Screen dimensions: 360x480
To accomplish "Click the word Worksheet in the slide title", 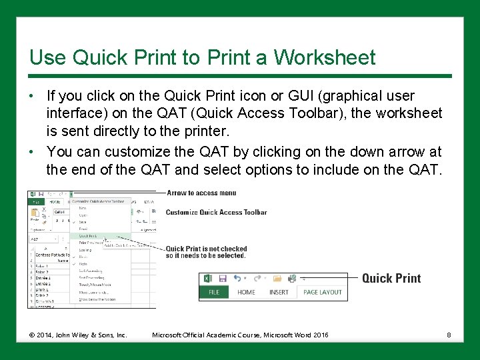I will click(x=324, y=57).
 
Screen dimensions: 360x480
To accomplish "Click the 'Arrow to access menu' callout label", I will click(x=201, y=193).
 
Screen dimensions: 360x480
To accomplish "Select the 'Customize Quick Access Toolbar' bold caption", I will click(x=216, y=213).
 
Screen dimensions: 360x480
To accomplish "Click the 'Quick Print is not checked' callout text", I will click(x=206, y=249).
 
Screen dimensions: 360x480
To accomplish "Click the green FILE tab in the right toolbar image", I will click(x=214, y=292).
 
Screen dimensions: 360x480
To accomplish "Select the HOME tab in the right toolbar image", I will click(x=246, y=292).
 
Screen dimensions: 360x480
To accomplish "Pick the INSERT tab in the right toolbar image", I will click(x=279, y=292).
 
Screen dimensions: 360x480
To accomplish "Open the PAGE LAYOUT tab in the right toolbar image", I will click(x=322, y=292).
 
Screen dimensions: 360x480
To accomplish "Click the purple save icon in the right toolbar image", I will click(x=223, y=278).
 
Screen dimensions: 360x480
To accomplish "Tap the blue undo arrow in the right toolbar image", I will click(x=240, y=278).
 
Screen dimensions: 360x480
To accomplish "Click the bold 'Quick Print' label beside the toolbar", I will click(x=391, y=278).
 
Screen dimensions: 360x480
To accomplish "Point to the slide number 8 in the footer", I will click(x=449, y=334).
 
